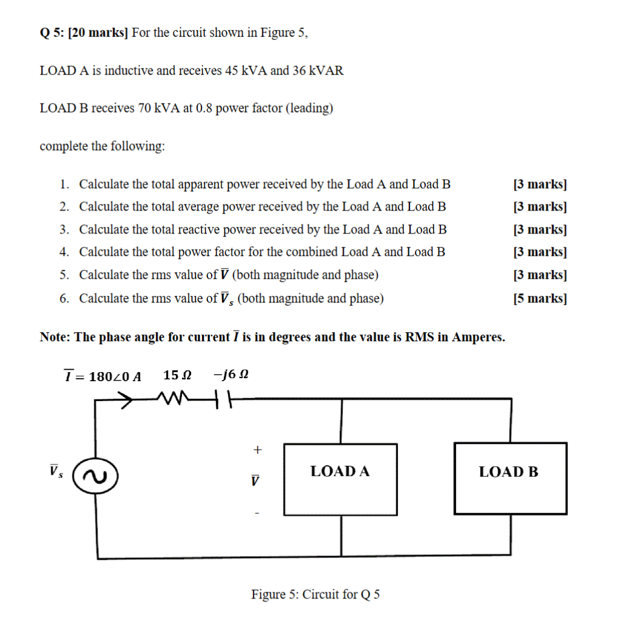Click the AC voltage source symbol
(x=95, y=477)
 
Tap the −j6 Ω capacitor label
(x=230, y=375)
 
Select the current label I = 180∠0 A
(x=103, y=376)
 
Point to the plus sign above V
(x=258, y=450)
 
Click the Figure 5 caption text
(x=316, y=594)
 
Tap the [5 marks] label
(x=539, y=298)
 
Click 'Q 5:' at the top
(x=52, y=33)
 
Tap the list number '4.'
(x=65, y=252)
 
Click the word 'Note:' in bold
(x=56, y=337)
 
